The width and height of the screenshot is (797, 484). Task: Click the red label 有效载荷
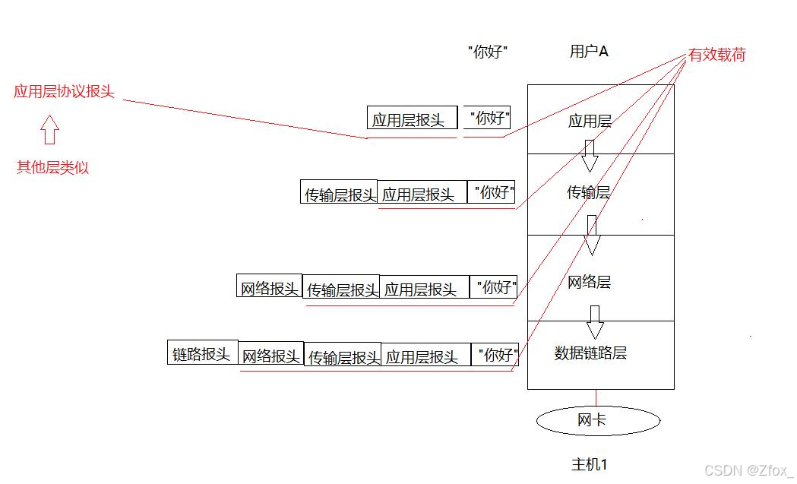point(716,55)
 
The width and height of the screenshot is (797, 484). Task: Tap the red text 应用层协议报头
point(64,91)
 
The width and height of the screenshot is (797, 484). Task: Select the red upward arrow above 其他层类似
point(50,130)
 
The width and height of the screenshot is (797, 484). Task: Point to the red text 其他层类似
point(52,167)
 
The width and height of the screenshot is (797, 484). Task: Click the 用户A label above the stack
point(589,52)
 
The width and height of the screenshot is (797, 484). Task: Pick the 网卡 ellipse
point(598,420)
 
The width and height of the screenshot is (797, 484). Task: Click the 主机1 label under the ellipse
point(590,464)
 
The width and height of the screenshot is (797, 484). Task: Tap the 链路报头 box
point(203,353)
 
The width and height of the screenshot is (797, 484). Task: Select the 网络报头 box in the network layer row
point(270,286)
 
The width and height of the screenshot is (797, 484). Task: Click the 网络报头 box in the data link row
point(271,354)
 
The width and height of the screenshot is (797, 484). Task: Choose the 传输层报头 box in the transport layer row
point(339,191)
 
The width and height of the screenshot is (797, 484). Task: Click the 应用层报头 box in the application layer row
point(413,118)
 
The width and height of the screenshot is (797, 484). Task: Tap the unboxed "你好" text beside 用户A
point(488,52)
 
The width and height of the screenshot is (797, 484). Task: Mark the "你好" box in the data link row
point(495,354)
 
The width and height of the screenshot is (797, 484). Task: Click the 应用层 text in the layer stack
point(590,121)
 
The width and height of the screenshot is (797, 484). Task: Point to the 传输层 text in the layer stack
point(589,192)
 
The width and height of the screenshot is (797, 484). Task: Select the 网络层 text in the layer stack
point(589,282)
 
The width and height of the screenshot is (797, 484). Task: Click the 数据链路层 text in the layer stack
point(590,353)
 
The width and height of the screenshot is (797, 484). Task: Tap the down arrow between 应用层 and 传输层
point(590,156)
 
